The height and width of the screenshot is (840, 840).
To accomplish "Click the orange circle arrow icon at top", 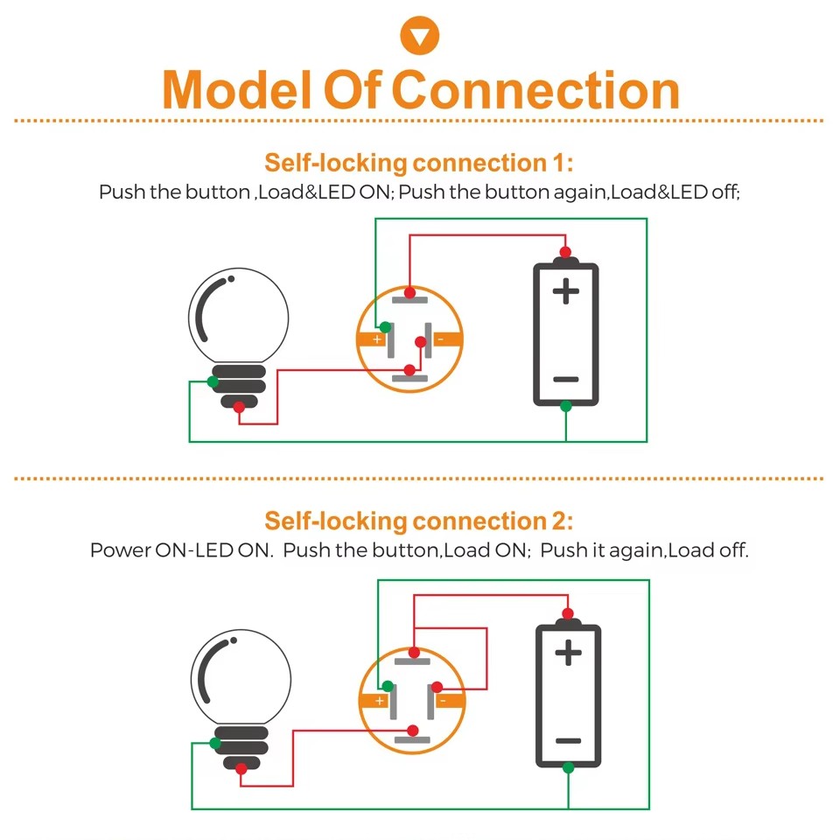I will tap(419, 36).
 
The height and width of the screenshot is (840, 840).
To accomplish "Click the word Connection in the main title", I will tap(535, 89).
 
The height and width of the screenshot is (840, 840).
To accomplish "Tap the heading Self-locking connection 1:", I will tap(419, 163).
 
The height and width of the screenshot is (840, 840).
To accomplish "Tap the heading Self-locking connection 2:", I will tap(419, 521).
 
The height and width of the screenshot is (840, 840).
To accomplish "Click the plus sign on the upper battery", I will tap(566, 290).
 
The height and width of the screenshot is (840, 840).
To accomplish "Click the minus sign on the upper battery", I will tap(566, 379).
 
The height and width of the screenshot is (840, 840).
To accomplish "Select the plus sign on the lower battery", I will tap(568, 652).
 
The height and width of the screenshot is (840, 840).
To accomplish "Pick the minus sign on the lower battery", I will tap(568, 740).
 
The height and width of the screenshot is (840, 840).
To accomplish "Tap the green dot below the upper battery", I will tap(566, 406).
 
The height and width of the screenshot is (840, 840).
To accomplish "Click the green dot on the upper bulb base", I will tap(213, 381).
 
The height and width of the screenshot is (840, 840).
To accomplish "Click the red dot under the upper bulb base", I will tap(239, 407).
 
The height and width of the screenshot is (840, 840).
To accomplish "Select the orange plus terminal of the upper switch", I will tap(373, 339).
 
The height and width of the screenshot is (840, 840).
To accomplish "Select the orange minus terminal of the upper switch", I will tap(445, 339).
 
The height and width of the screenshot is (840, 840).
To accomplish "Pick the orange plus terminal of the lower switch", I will tap(374, 700).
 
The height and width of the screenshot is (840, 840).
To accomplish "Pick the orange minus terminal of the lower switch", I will tap(447, 700).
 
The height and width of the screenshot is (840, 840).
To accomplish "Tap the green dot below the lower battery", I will tap(568, 767).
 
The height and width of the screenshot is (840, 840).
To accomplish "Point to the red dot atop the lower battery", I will tap(568, 612).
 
